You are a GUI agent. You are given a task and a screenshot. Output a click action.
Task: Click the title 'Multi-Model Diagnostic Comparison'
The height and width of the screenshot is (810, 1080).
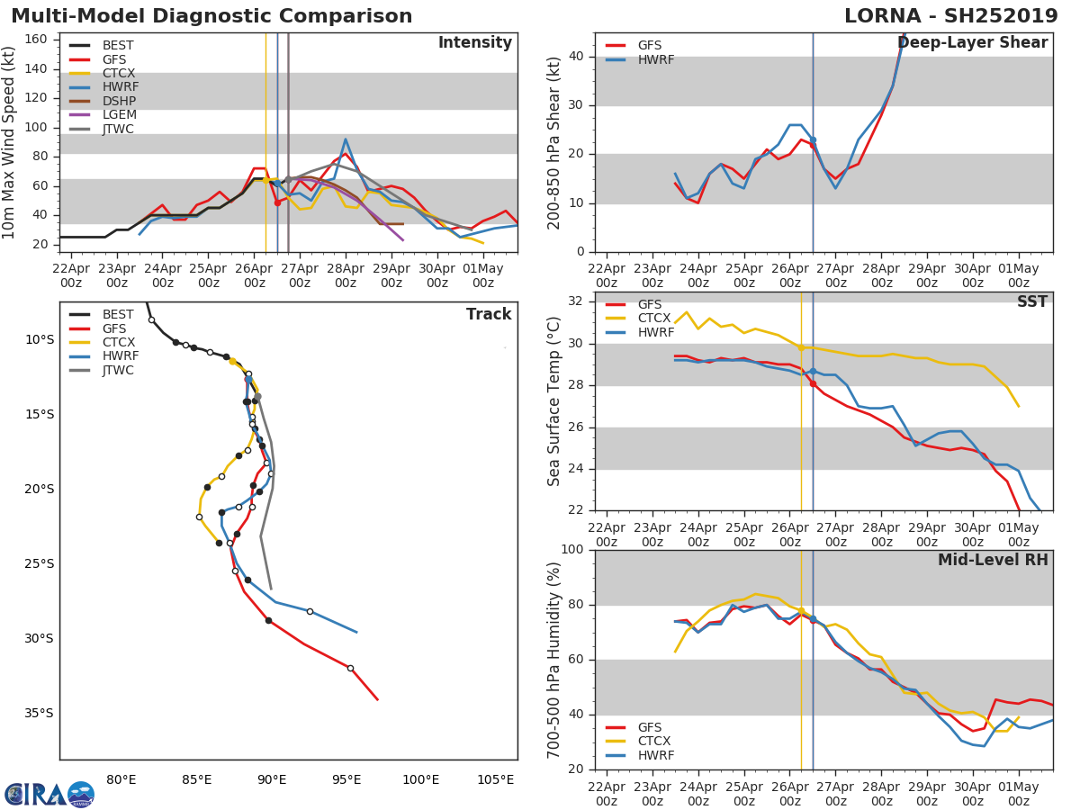(x=211, y=16)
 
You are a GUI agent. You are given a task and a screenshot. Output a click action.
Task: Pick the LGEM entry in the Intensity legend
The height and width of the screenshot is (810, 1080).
(x=118, y=114)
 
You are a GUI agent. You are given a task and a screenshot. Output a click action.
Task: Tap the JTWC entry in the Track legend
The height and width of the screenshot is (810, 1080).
(x=118, y=370)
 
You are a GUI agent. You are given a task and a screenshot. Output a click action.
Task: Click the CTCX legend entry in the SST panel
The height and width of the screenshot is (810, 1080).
(x=654, y=319)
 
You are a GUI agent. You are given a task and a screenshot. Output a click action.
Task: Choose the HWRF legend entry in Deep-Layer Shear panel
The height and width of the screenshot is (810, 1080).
(x=655, y=59)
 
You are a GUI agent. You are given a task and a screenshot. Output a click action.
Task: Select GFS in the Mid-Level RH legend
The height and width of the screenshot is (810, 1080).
(x=649, y=727)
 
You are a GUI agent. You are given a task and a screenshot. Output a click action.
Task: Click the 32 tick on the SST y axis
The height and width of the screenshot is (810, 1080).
(x=578, y=301)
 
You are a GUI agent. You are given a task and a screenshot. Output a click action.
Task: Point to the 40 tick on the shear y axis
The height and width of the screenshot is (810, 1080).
(x=578, y=57)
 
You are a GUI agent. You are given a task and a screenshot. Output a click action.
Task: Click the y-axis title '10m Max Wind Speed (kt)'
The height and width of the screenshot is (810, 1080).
(x=10, y=142)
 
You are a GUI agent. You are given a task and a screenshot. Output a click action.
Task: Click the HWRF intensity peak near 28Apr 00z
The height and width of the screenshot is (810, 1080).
(x=345, y=139)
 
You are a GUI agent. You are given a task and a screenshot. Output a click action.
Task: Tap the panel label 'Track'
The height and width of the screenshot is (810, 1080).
(x=488, y=314)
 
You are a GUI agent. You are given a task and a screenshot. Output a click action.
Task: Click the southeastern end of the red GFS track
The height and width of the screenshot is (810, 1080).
(x=377, y=699)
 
